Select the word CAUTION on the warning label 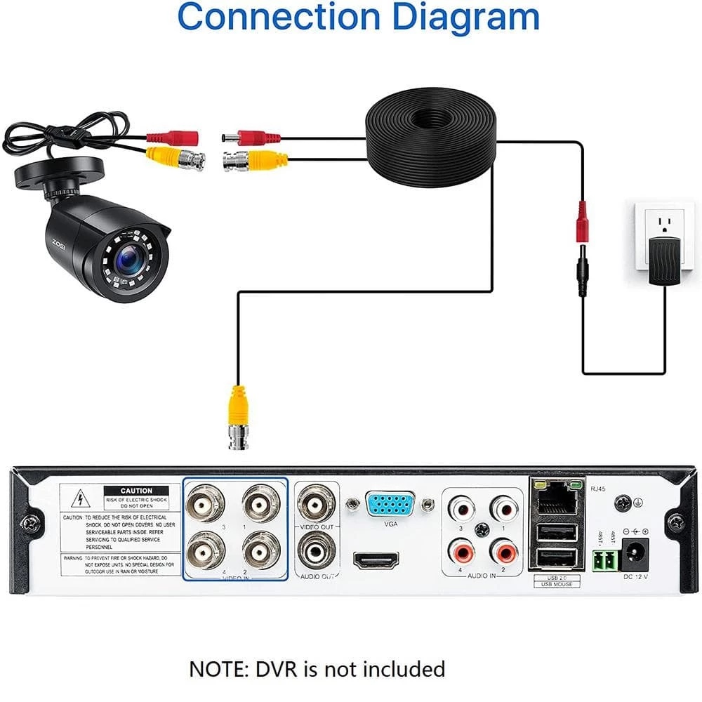click(136, 491)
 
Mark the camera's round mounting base click(60, 171)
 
